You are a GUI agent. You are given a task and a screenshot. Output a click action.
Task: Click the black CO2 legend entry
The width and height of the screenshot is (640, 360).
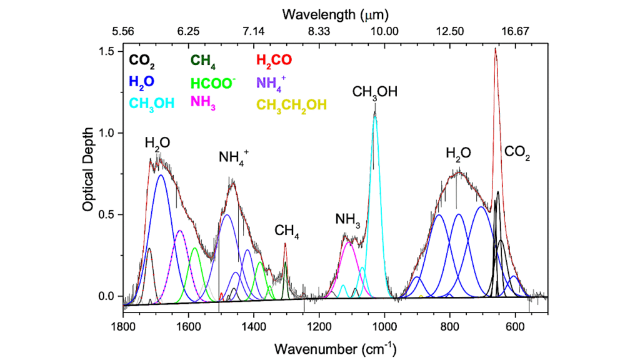[142, 61]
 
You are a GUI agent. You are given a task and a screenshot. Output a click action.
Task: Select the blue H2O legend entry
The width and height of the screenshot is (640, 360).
[141, 82]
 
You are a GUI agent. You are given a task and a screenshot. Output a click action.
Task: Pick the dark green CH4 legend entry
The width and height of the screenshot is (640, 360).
[204, 61]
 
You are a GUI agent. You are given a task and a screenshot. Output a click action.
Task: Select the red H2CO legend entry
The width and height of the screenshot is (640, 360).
[274, 61]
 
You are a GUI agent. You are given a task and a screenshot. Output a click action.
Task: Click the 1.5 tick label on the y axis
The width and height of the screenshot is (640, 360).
[109, 51]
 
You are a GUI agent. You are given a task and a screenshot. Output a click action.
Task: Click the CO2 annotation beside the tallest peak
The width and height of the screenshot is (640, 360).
[517, 152]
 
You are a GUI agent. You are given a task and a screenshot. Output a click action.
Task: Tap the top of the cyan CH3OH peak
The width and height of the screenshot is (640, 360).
[375, 114]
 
